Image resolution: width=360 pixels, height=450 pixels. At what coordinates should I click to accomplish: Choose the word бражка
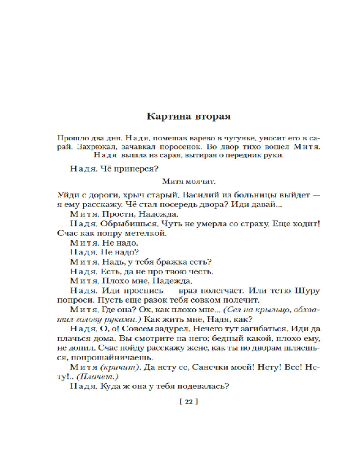tap(171, 261)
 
